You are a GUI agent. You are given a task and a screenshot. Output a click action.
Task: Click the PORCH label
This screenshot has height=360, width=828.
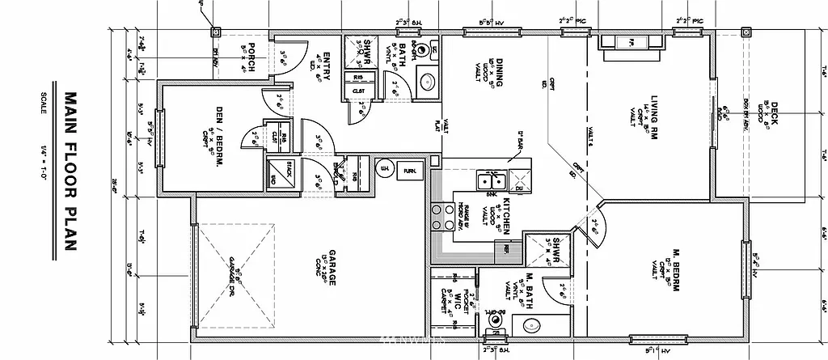coord(251,57)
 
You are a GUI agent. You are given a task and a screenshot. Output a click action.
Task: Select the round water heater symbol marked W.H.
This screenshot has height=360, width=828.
coord(384,170)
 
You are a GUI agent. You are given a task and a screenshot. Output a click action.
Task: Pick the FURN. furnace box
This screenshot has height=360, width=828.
coord(410,171)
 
